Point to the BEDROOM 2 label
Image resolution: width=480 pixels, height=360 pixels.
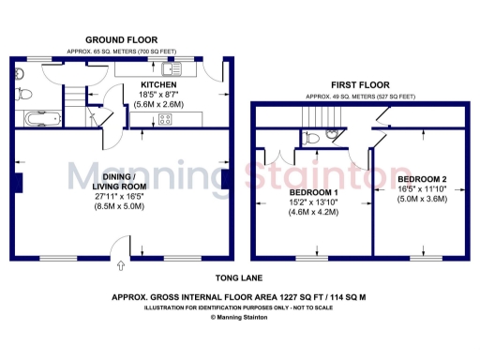click(x=422, y=178)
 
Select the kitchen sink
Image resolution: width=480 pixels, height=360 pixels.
click(x=171, y=68)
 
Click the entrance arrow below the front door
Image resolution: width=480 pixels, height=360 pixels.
click(x=119, y=267)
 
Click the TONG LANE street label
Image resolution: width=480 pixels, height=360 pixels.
click(x=239, y=278)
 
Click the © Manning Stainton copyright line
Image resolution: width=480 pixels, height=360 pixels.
click(x=239, y=317)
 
